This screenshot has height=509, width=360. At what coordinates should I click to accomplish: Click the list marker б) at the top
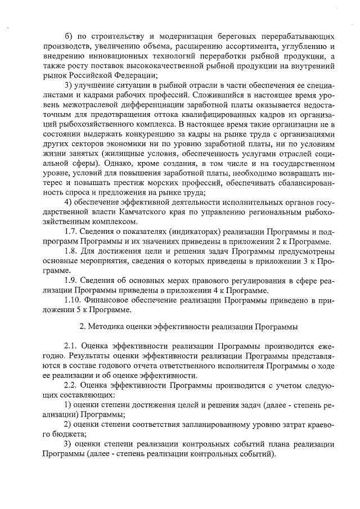pos(69,35)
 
